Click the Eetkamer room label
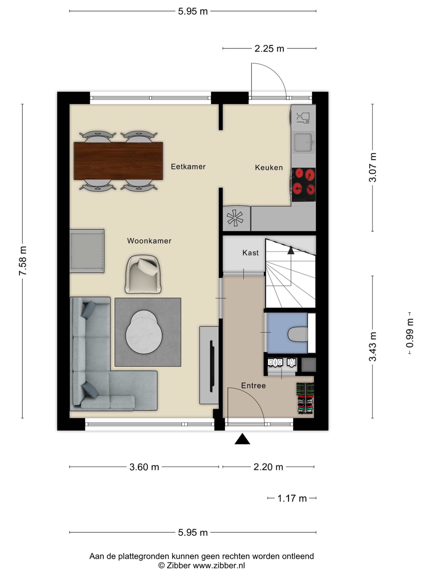click(188, 167)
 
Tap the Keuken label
click(269, 167)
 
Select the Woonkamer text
click(149, 241)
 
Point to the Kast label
click(250, 253)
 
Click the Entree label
click(253, 386)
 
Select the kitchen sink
click(303, 142)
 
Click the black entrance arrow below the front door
click(242, 439)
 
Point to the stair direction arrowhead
click(291, 250)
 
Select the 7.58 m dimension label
click(23, 261)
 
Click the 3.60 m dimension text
click(144, 467)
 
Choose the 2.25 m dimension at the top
click(269, 49)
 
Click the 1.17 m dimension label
click(292, 498)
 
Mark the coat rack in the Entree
click(306, 398)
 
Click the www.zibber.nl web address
click(219, 565)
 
